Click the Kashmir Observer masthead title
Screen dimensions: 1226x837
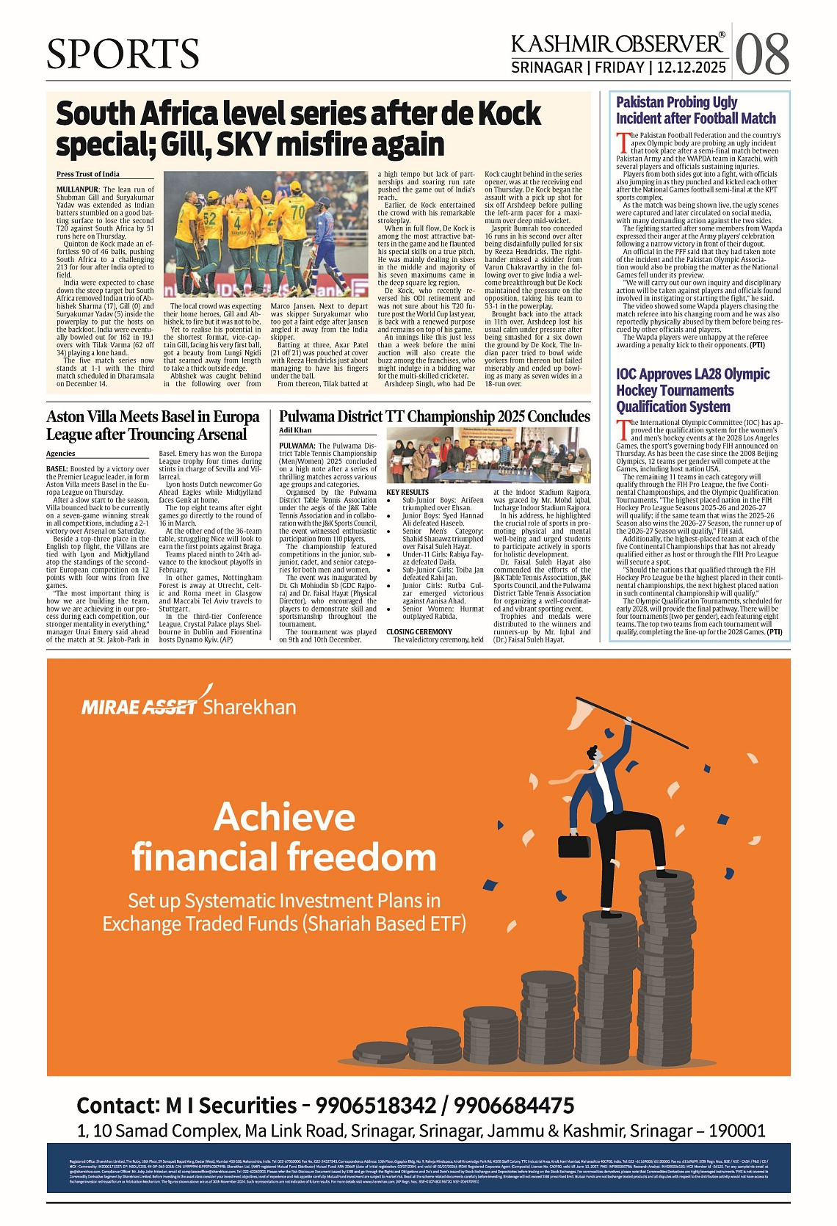point(617,44)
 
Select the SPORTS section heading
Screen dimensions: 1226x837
point(123,54)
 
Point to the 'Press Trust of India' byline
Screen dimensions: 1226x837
point(88,174)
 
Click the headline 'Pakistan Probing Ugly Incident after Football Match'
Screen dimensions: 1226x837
point(695,110)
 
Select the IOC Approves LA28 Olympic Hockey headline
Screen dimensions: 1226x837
point(692,390)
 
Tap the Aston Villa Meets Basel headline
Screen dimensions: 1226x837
point(153,425)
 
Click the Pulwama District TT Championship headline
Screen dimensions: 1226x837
point(434,416)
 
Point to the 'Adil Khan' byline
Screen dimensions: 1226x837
point(295,430)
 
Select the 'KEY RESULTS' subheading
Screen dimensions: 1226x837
point(407,492)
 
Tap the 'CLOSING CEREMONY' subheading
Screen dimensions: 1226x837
point(419,631)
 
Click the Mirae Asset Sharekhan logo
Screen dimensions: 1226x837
point(189,706)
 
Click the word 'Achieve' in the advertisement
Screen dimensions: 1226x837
point(284,817)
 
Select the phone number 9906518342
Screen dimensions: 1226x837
point(373,1105)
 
